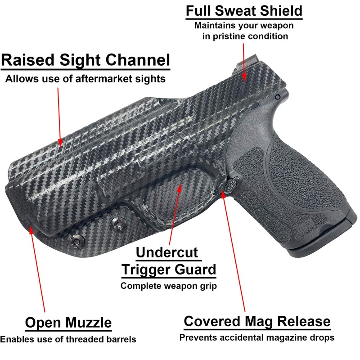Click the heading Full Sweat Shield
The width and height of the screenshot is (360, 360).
pyautogui.click(x=244, y=11)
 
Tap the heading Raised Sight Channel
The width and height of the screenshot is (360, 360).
pyautogui.click(x=85, y=60)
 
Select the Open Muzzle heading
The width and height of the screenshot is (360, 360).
pyautogui.click(x=68, y=322)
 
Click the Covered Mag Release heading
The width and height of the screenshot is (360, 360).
pyautogui.click(x=257, y=321)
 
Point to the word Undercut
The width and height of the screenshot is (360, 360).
pyautogui.click(x=167, y=252)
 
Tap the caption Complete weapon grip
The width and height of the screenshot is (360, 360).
pyautogui.click(x=169, y=285)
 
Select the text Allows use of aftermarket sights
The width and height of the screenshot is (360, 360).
pyautogui.click(x=85, y=79)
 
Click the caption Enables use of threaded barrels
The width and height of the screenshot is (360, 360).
pyautogui.click(x=68, y=339)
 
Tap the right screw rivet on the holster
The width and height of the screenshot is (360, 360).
pyautogui.click(x=120, y=224)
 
